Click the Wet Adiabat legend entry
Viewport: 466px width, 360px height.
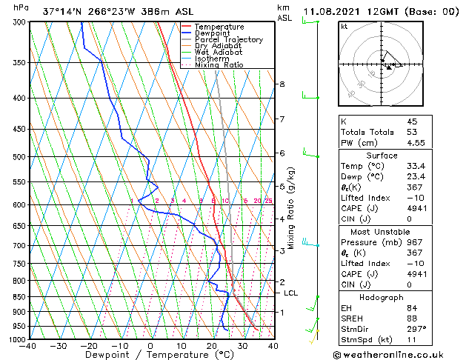pos(214,52)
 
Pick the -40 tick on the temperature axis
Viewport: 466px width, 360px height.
pos(29,346)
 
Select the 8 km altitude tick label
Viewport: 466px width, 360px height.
pos(282,84)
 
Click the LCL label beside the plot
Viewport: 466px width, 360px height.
pos(291,293)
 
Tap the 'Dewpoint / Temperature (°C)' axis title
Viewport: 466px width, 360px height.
pos(150,355)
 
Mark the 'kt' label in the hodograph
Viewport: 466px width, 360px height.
pos(344,27)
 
